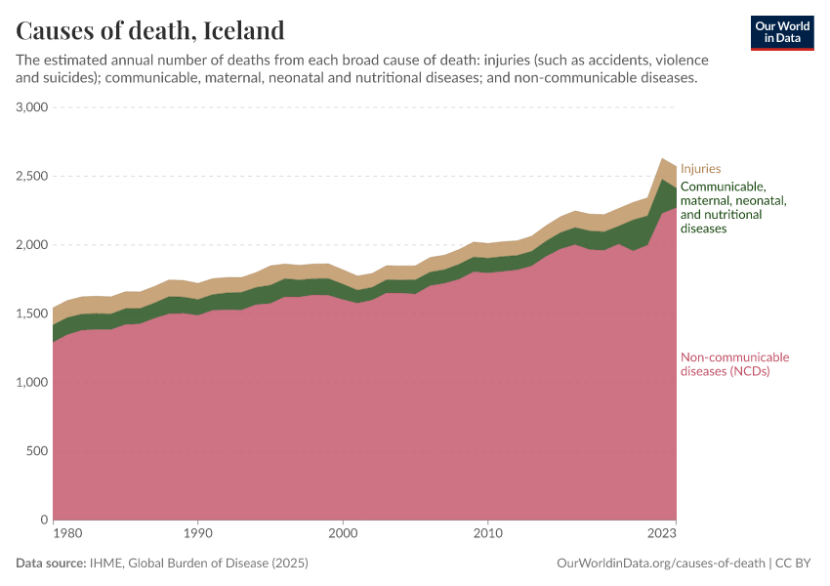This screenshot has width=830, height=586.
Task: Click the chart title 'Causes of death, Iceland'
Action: point(150,30)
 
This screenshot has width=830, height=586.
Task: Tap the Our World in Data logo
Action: point(782,32)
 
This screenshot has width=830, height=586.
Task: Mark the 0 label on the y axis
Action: point(45,520)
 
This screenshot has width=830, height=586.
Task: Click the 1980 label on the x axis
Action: point(66,534)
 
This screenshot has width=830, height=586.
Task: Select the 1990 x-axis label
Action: point(197,534)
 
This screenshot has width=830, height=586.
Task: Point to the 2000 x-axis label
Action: point(343,534)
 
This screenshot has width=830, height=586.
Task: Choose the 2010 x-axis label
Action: point(487,534)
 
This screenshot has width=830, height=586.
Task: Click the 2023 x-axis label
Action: point(661,534)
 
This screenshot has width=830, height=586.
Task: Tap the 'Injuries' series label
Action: point(700,168)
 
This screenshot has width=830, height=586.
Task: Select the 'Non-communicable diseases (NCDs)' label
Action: point(734,364)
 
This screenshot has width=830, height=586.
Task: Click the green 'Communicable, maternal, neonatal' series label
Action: point(732,207)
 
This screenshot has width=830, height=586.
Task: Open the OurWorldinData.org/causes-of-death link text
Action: point(660,564)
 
